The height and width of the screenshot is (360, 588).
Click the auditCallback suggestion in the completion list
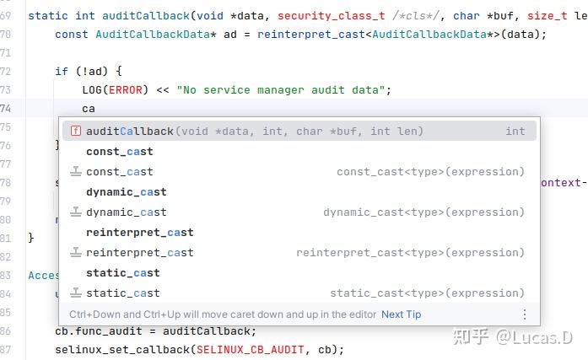(130, 131)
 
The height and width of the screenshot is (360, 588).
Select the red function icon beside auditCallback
(75, 131)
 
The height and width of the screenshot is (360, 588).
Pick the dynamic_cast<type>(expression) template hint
(423, 212)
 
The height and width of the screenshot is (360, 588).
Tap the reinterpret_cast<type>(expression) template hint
(410, 252)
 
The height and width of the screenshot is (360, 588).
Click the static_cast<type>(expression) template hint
(427, 293)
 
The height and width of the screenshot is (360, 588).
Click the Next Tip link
(401, 314)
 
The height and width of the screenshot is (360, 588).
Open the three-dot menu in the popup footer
(525, 314)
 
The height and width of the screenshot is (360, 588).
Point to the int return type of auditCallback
(515, 131)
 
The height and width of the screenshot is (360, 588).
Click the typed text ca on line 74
(89, 108)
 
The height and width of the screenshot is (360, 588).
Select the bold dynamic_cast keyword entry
(126, 191)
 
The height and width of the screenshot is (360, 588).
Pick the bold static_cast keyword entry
(122, 272)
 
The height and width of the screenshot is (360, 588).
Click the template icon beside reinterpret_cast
(75, 252)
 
